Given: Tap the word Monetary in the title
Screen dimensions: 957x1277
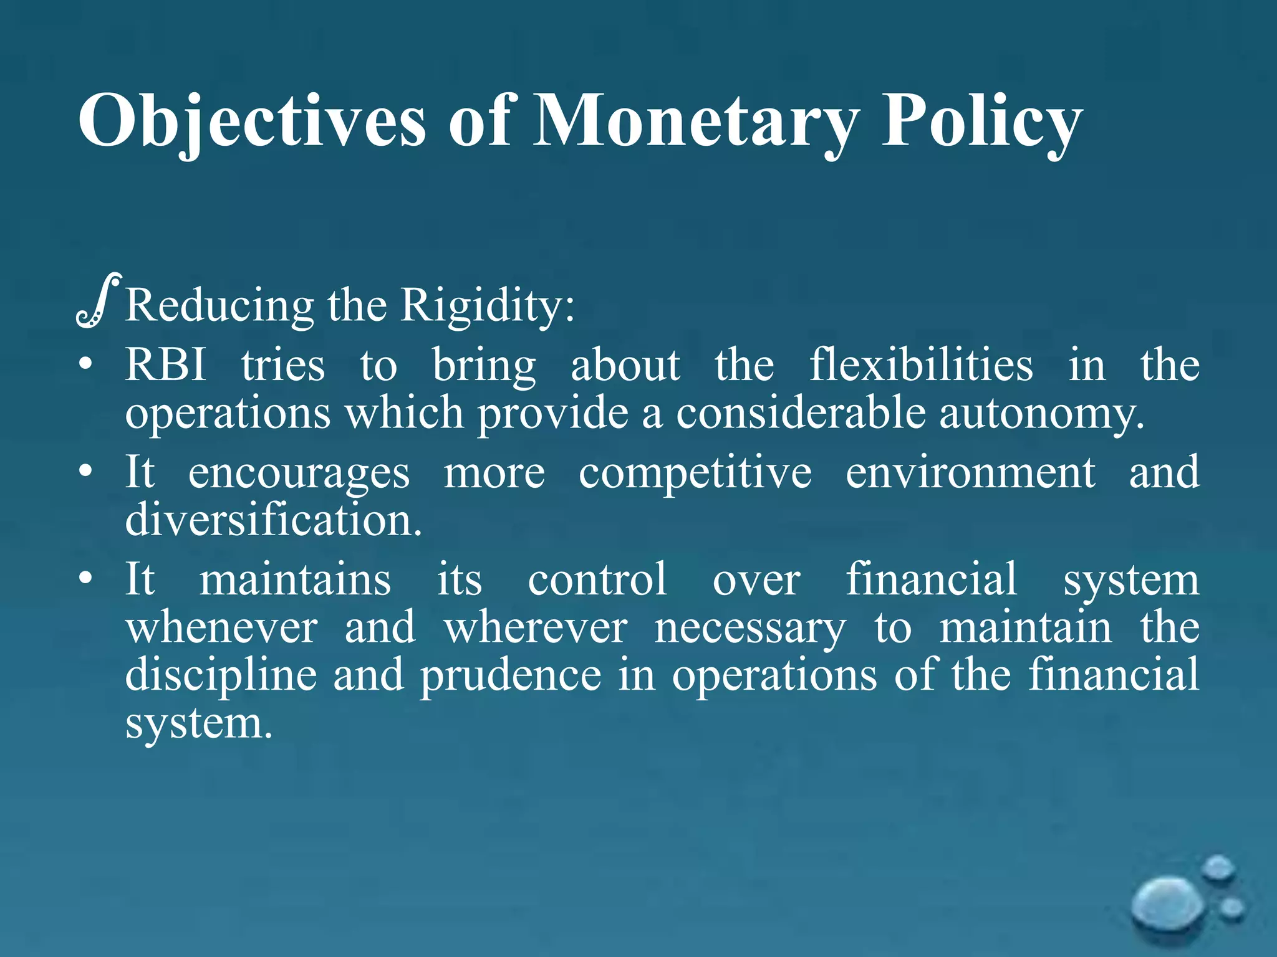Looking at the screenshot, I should click(x=695, y=121).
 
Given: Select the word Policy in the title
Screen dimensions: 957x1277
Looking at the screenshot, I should click(x=981, y=121).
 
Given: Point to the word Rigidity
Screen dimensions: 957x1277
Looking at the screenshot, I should click(x=486, y=305).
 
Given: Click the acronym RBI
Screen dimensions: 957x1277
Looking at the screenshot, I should click(x=166, y=364).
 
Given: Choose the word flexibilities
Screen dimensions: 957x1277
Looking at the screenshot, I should click(x=921, y=364).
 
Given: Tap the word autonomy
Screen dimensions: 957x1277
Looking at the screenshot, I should click(x=1041, y=413).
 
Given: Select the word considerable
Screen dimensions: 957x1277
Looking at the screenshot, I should click(x=801, y=413).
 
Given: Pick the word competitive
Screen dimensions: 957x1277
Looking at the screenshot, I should click(x=695, y=472).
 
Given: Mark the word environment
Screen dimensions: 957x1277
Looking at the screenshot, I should click(x=970, y=472).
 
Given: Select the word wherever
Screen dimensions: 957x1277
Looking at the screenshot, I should click(x=536, y=628).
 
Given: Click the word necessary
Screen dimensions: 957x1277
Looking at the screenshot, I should click(x=750, y=628).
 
